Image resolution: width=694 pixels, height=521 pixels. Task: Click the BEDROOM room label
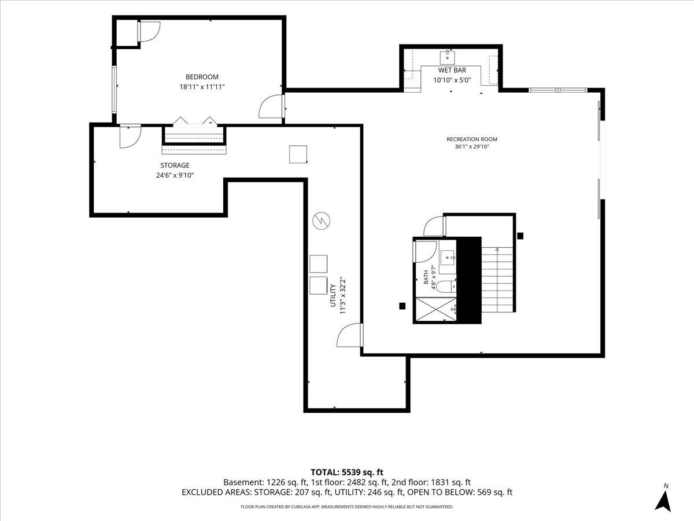click(202, 77)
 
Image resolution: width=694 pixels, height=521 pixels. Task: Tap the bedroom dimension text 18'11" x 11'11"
click(202, 87)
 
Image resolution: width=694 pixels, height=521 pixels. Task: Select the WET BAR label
click(452, 70)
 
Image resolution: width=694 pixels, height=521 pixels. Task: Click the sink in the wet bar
click(447, 57)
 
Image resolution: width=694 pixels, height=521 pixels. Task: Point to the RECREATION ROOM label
click(472, 139)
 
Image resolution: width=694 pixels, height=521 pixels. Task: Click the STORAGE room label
click(175, 165)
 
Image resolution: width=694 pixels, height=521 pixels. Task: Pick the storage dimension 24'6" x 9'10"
click(175, 175)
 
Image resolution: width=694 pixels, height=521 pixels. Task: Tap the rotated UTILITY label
click(333, 295)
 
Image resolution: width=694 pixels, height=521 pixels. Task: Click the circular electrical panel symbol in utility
click(321, 221)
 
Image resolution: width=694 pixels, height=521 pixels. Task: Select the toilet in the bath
click(446, 285)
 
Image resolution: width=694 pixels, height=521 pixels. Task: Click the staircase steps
click(497, 280)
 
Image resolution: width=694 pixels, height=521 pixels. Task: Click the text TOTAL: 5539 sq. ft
click(347, 472)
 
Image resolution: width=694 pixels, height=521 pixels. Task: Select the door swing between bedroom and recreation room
click(271, 107)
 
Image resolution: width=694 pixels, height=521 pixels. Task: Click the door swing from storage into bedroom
click(130, 137)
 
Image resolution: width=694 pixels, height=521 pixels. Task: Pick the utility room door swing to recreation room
click(349, 335)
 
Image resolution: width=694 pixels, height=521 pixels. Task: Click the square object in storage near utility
click(298, 155)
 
